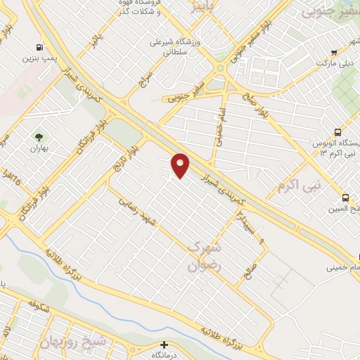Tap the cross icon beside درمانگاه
pos(165,345)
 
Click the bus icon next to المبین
pos(345,198)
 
